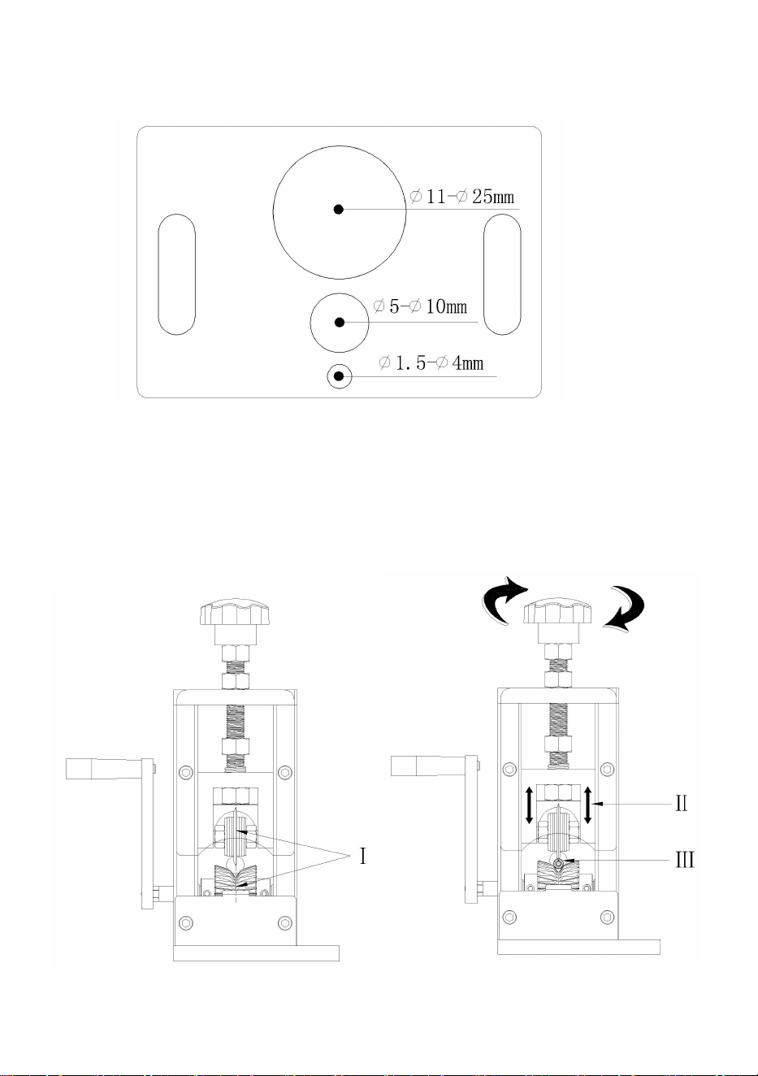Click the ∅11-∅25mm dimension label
(462, 197)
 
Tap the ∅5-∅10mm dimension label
(420, 306)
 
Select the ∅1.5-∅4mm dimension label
(431, 362)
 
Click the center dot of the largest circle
(339, 210)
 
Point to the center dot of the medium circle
(339, 322)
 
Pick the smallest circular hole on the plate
(340, 376)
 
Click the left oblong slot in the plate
(177, 275)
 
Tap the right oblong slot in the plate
(502, 275)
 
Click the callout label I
(363, 856)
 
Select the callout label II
(681, 803)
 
